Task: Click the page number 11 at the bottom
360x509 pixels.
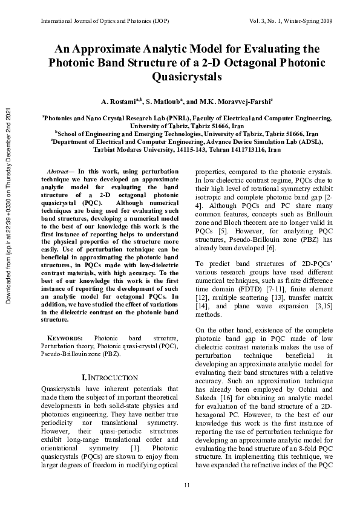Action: (187, 485)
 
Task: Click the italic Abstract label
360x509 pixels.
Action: (59, 172)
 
